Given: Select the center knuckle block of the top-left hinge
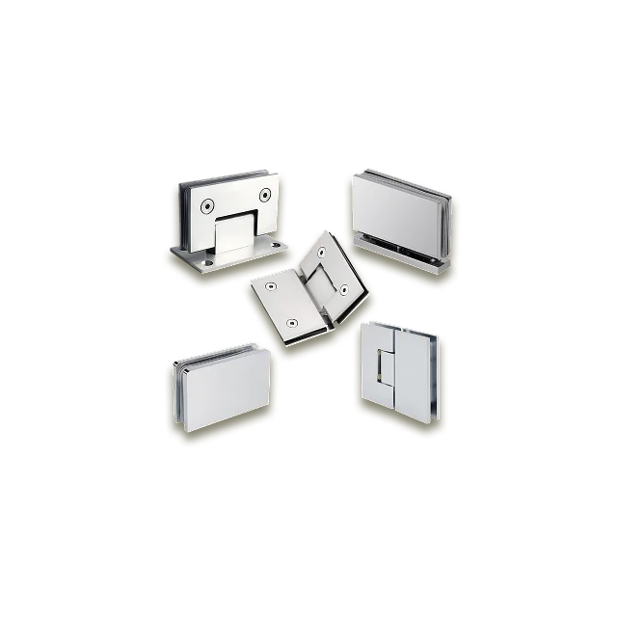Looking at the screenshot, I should coord(234,236).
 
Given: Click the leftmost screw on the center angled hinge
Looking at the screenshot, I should coord(271,286).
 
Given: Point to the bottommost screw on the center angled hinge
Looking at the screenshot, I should coord(293,323).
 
